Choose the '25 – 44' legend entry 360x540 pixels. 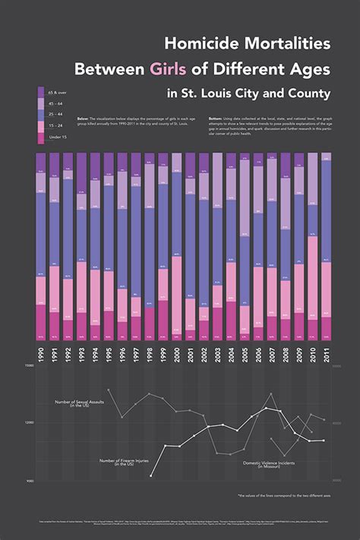point(56,114)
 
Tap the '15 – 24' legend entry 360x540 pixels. point(56,125)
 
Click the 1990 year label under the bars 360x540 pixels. point(41,355)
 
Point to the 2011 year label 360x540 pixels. point(327,355)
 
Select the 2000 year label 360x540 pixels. point(177,355)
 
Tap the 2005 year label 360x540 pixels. point(245,355)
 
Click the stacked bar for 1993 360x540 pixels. point(81,246)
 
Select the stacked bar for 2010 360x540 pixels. point(313,246)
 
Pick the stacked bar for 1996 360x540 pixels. point(122,246)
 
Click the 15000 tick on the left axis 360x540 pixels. point(29,365)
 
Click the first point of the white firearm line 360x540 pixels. point(151,475)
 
